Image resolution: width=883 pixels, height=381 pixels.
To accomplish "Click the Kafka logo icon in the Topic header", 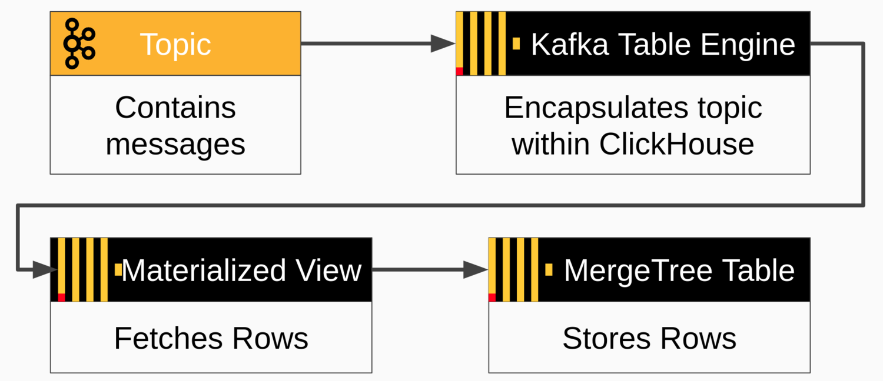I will pos(79,44).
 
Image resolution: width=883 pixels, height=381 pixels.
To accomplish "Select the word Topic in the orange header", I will pos(175,44).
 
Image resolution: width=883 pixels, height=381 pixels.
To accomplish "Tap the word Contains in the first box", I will pos(175,108).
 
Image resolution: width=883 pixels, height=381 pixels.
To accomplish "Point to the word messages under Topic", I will pos(175,144).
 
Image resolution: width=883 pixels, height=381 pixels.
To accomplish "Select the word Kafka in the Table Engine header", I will pos(570,44).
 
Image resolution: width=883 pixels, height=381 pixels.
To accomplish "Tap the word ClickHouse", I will pos(677,144).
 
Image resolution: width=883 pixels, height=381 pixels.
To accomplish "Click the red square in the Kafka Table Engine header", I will pos(460,71).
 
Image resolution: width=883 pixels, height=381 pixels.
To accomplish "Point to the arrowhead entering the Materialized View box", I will pos(45,270).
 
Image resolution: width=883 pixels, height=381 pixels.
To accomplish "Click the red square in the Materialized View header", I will pos(61,298).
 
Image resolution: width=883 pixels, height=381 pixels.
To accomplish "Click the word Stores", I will pos(608,339).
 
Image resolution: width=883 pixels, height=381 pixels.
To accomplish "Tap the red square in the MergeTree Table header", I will pos(492,298).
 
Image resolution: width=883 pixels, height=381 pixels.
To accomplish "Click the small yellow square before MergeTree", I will pos(549,270).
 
